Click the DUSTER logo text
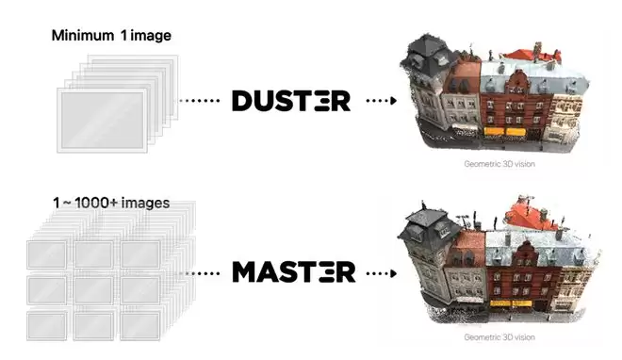(x=291, y=101)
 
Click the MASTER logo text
(x=293, y=272)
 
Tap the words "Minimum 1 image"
(x=111, y=36)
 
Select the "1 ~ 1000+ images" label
(x=111, y=203)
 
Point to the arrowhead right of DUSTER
(x=394, y=101)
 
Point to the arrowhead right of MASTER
(x=394, y=273)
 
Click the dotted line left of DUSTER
(x=200, y=101)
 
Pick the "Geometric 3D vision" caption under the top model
(x=499, y=164)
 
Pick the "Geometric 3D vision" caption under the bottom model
(x=499, y=337)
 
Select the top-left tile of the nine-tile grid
(x=47, y=254)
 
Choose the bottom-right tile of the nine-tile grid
(x=140, y=326)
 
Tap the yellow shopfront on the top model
(x=504, y=132)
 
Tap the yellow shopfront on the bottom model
(x=511, y=303)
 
